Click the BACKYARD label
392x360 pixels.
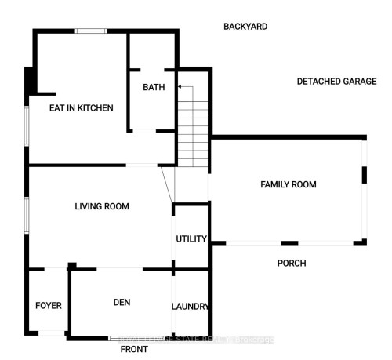245,27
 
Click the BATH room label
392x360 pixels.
154,88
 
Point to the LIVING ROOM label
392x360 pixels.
101,206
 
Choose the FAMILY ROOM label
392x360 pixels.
288,185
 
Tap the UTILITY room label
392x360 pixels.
191,239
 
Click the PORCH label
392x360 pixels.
292,264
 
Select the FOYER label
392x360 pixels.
48,305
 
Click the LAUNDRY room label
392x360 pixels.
191,307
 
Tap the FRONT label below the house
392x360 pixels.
134,350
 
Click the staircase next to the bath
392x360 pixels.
192,125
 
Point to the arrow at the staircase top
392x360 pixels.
181,87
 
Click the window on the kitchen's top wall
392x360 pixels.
92,31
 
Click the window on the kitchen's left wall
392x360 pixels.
27,125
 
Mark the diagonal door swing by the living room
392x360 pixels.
166,184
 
